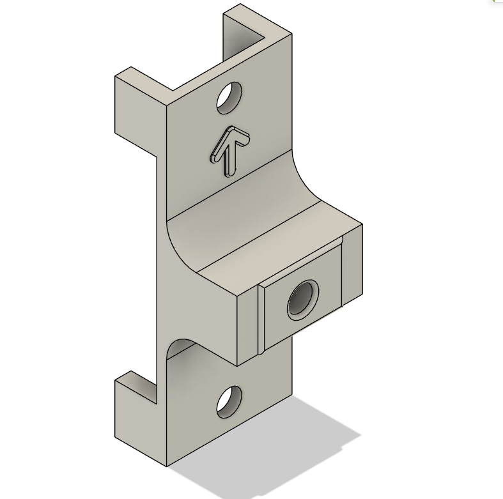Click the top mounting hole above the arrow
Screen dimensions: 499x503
point(229,98)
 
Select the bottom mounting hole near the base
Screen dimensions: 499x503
point(229,402)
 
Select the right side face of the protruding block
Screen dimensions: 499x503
point(352,262)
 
